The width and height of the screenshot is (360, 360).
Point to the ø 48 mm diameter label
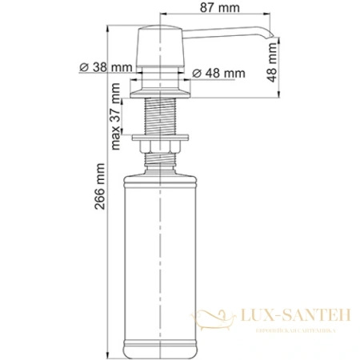219,74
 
